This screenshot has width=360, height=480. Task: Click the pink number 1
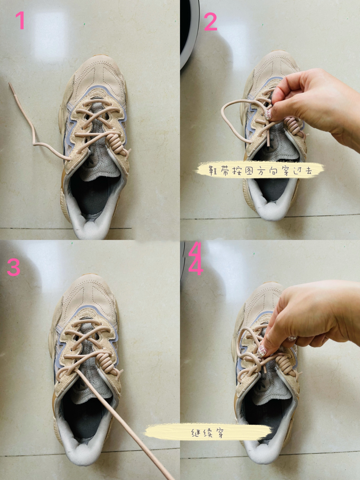click(20, 20)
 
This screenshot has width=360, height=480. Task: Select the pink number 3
click(13, 267)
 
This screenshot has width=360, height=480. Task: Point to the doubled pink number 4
click(195, 258)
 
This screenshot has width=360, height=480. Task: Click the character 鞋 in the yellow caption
click(213, 171)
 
